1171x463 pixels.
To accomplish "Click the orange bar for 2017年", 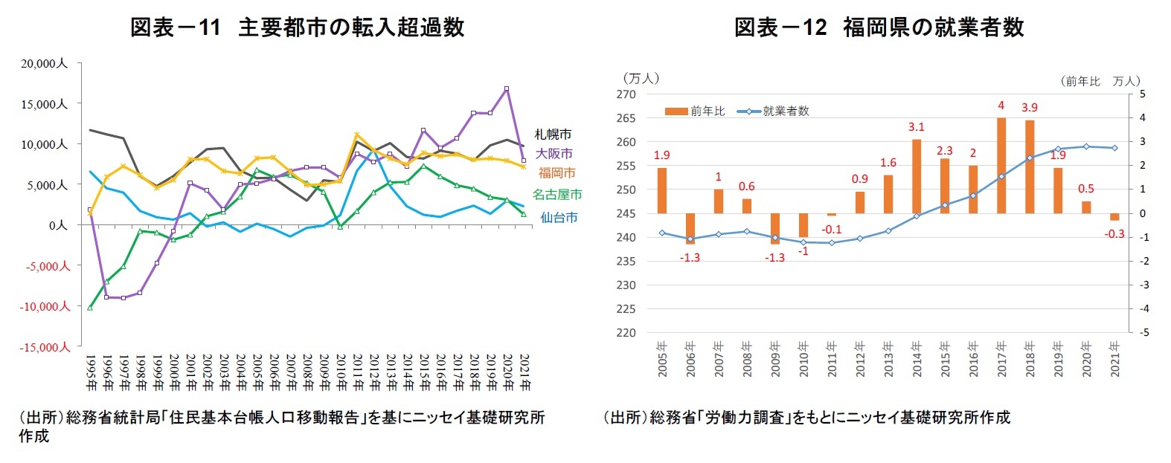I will pos(1001,165).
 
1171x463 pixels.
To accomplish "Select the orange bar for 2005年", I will pos(662,190).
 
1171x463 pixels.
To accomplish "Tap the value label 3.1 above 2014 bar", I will pos(916,127).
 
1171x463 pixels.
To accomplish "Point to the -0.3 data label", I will pos(1114,234).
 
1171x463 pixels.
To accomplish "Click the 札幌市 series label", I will pos(553,135).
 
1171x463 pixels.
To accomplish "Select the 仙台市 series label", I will pos(559,218).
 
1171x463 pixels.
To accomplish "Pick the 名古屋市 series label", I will pos(557,195).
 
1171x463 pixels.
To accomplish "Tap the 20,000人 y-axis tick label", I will pos(44,64).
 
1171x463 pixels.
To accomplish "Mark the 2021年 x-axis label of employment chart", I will pos(1114,360).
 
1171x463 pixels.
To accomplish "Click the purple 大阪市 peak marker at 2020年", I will pos(507,88).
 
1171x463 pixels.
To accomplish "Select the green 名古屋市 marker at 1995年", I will pos(90,307).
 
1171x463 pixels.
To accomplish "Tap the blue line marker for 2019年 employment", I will pos(1058,149).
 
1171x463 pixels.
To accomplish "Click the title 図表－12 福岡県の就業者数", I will pos(879,27).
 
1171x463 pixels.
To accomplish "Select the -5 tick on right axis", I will pos(1143,333).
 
